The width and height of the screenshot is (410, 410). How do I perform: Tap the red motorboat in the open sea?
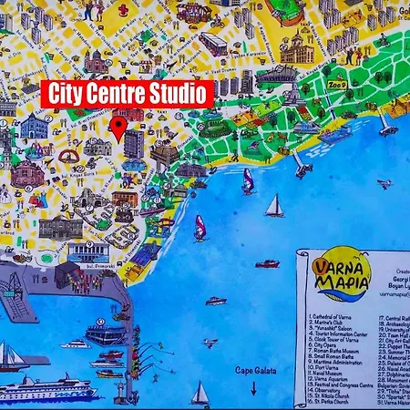(x=267, y=264)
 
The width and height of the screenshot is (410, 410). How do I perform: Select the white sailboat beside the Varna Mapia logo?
(x=274, y=207)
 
